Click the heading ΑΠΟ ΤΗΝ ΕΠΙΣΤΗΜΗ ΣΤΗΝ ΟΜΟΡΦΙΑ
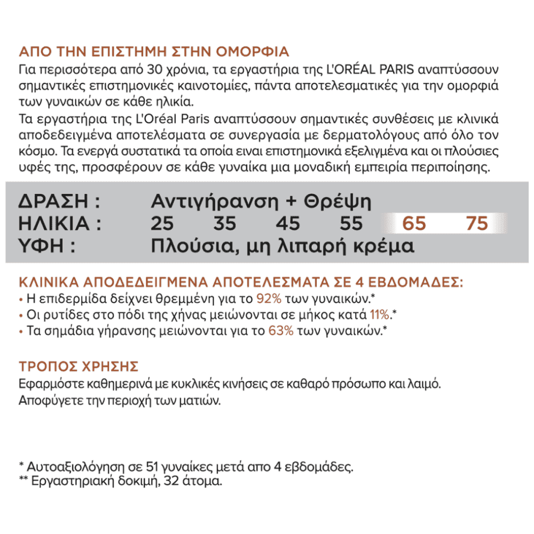154,52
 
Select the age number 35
225,223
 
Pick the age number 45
288,223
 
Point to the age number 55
351,223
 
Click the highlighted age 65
414,223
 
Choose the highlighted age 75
477,223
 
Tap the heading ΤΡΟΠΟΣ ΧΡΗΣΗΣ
78,367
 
